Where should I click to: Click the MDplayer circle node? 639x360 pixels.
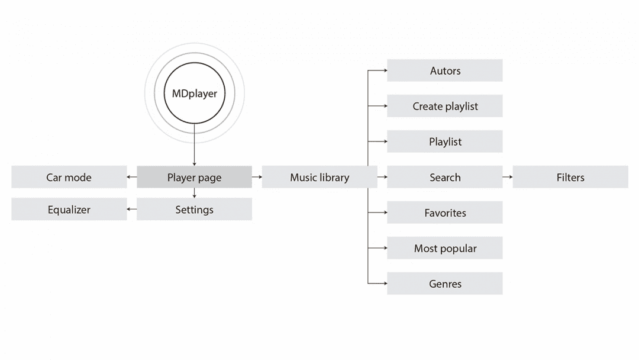pyautogui.click(x=194, y=94)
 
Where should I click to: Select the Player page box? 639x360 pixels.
pyautogui.click(x=194, y=177)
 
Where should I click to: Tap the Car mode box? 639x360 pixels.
pyautogui.click(x=69, y=177)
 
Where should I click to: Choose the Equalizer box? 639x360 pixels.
pyautogui.click(x=69, y=210)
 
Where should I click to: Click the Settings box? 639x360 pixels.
pyautogui.click(x=194, y=210)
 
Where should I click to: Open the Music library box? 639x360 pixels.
pyautogui.click(x=319, y=177)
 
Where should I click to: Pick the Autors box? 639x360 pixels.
pyautogui.click(x=445, y=70)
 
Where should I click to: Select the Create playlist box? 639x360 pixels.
pyautogui.click(x=445, y=106)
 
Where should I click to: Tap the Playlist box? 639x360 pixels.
pyautogui.click(x=445, y=142)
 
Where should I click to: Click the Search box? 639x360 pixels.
pyautogui.click(x=445, y=177)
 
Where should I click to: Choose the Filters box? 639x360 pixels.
pyautogui.click(x=570, y=177)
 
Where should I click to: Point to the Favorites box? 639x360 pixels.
pyautogui.click(x=445, y=213)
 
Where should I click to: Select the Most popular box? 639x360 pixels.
pyautogui.click(x=445, y=248)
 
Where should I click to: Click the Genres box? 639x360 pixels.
pyautogui.click(x=445, y=284)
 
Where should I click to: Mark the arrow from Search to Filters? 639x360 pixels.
pyautogui.click(x=508, y=177)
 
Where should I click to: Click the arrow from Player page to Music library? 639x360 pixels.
pyautogui.click(x=257, y=177)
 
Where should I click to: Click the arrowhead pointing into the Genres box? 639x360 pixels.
pyautogui.click(x=384, y=284)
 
